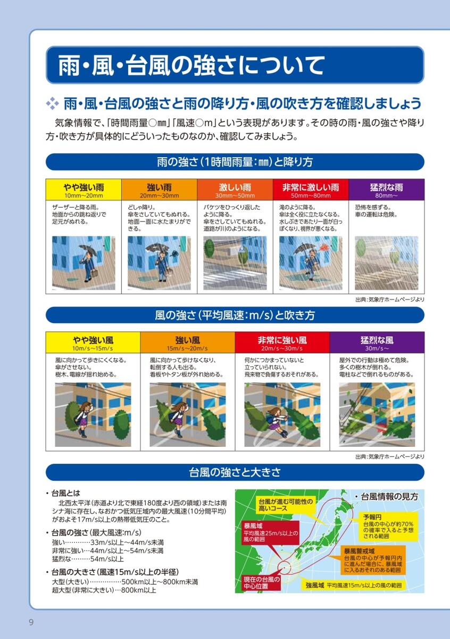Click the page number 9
tap(31, 621)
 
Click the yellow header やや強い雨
tap(84, 190)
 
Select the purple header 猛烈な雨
tap(387, 190)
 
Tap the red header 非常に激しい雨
tap(311, 190)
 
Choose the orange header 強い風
tap(188, 342)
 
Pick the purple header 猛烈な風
tap(377, 342)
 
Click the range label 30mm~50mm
tap(235, 196)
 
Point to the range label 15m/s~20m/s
tap(187, 348)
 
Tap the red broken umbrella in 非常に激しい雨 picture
tap(326, 247)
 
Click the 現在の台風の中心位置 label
tap(262, 583)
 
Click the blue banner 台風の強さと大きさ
tap(235, 472)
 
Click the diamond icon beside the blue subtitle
tap(53, 103)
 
